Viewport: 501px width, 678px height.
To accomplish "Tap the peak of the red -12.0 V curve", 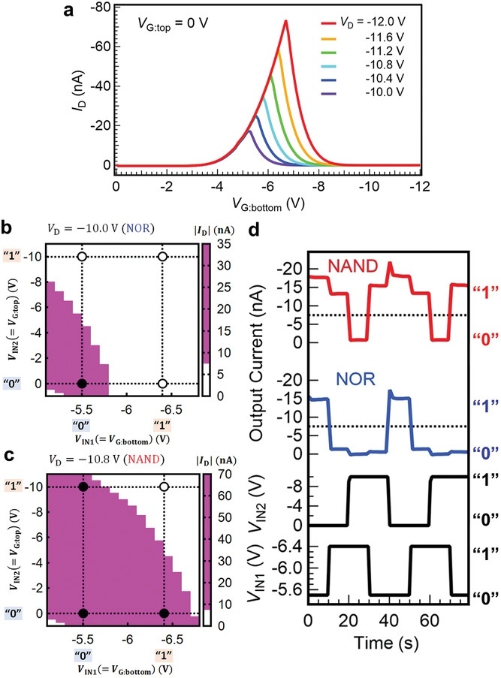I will pyautogui.click(x=285, y=21).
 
